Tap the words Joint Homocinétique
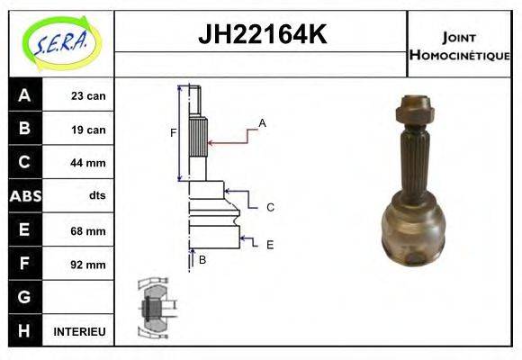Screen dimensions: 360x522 (459, 46)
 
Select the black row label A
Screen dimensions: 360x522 (24, 95)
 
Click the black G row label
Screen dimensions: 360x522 (24, 297)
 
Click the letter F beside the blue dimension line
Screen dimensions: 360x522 (174, 133)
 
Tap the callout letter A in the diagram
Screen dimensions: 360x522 (262, 122)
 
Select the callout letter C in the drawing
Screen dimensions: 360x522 (269, 207)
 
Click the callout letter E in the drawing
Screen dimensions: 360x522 (269, 244)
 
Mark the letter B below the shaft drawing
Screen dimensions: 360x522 (202, 260)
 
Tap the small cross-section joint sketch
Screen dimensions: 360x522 (154, 307)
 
